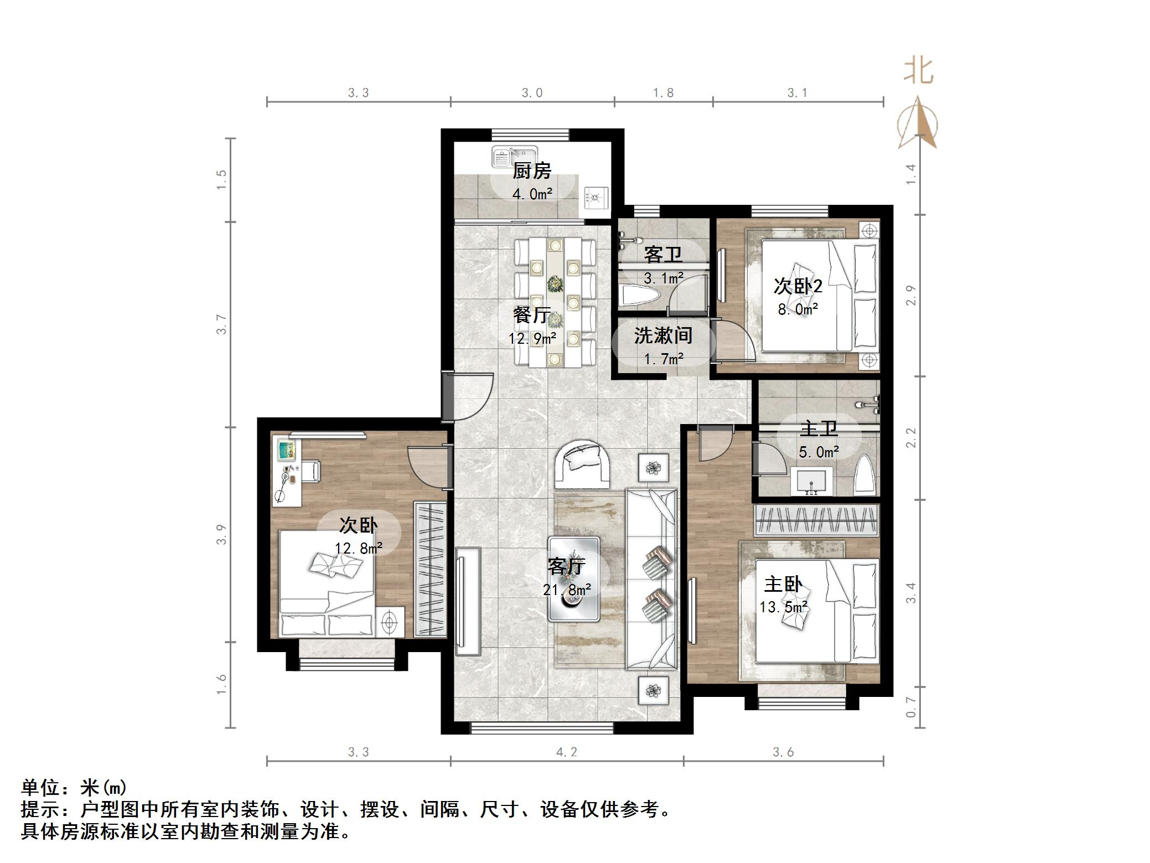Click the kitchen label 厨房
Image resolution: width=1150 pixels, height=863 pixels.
[x=531, y=171]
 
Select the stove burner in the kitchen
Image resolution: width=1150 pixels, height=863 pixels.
[x=596, y=197]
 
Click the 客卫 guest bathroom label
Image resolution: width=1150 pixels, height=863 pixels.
[x=662, y=255]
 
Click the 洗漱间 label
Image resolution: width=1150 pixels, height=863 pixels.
[x=662, y=335]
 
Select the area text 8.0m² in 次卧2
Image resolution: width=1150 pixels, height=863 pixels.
[x=797, y=309]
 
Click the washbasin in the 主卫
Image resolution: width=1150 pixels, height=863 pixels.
[x=811, y=480]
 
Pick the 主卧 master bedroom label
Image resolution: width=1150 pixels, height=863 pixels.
[x=783, y=585]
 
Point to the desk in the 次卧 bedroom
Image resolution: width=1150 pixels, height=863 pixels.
[x=286, y=471]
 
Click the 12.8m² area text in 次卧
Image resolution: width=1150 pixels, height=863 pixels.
[x=358, y=548]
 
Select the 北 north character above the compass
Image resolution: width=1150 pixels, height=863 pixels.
[x=918, y=71]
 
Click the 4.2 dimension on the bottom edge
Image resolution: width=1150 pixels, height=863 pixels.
[x=566, y=752]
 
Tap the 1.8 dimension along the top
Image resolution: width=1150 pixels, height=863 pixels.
[x=663, y=93]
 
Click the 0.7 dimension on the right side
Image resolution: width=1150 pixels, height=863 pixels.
[x=910, y=707]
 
